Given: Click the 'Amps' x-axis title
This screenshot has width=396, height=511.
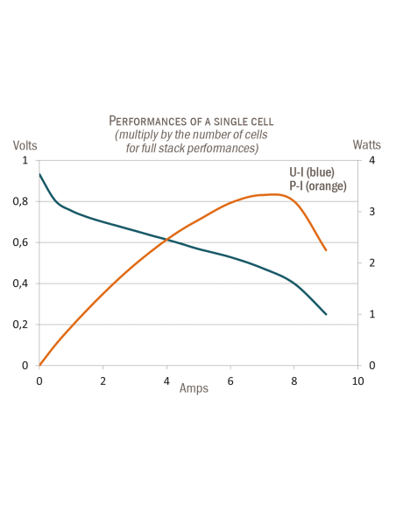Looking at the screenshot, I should pos(194,388).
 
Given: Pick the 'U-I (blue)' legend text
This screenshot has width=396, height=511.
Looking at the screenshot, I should pos(312,172).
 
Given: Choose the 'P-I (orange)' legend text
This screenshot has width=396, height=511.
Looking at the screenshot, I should pos(318,185).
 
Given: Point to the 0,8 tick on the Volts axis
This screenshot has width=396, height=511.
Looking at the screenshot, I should pos(25,201).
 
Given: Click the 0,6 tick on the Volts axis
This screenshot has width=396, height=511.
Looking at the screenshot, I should pos(25,242).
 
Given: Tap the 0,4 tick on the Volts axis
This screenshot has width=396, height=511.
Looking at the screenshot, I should pos(25,283).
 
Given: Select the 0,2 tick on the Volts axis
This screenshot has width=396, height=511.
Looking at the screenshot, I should pos(25,325).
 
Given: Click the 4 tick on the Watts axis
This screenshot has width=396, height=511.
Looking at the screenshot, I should pos(372,161).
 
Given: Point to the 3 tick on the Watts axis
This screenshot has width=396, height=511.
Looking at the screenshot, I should pos(372,212).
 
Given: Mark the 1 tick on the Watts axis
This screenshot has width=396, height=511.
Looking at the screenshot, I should pos(372,314).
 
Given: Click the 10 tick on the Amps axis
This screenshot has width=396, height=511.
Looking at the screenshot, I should pos(357,382).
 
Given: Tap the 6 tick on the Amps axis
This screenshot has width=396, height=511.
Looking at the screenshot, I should pos(230,382).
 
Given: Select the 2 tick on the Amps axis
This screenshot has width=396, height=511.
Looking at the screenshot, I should pos(103,382).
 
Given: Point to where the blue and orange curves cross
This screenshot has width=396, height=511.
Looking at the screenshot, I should pos(168,238).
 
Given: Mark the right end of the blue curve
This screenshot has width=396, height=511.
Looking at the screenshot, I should pos(326,314).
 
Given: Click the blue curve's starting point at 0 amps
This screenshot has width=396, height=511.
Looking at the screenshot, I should pos(39,173).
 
